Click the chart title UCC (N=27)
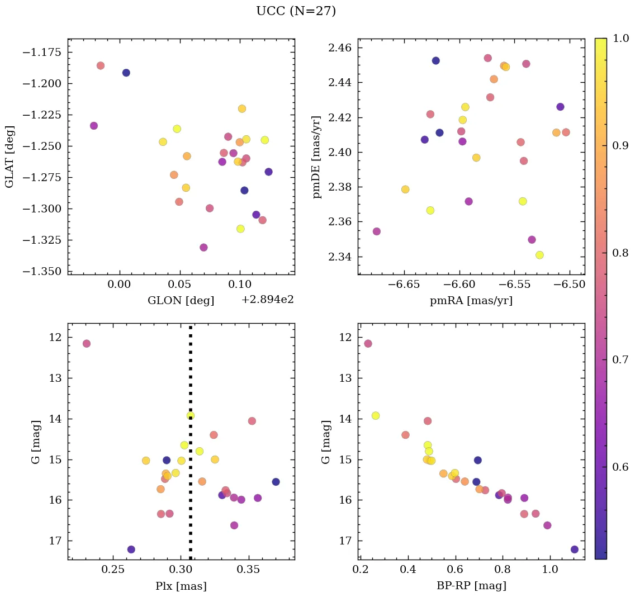click(296, 11)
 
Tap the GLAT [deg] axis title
click(10, 157)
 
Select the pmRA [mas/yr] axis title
click(471, 301)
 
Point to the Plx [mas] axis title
click(181, 586)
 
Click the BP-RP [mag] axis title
click(471, 586)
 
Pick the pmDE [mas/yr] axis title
click(317, 157)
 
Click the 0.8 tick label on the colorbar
click(620, 253)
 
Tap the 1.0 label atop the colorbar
click(620, 39)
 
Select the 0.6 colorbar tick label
click(620, 467)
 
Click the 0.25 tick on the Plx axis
click(113, 570)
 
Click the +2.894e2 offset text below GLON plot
click(267, 300)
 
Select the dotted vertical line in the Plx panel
click(191, 475)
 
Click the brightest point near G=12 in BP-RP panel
click(368, 343)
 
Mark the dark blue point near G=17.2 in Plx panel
click(131, 549)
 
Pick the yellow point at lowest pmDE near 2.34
click(539, 255)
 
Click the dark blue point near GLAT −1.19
click(126, 73)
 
